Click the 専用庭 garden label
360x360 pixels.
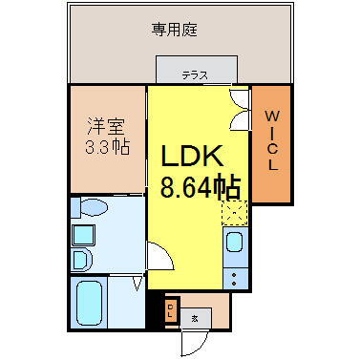coord(180,30)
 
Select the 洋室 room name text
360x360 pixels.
coord(105,125)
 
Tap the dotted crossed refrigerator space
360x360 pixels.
coord(234,211)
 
